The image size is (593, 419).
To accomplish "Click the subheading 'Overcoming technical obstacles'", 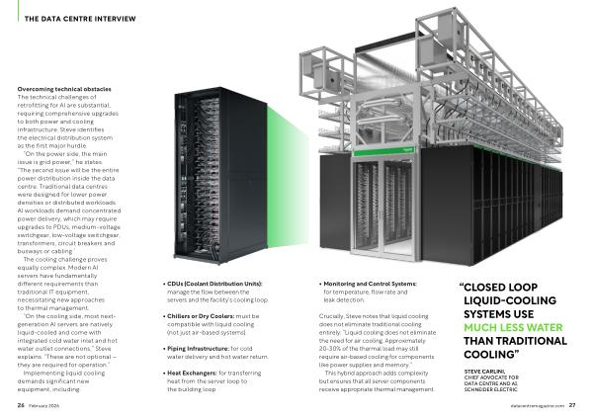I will (x=62, y=89).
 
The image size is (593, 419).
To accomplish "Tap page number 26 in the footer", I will (x=21, y=405).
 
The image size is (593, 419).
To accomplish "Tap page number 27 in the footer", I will (x=571, y=405).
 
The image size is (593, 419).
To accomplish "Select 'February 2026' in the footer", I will (x=44, y=405).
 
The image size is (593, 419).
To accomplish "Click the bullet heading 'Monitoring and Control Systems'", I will (x=368, y=284).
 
